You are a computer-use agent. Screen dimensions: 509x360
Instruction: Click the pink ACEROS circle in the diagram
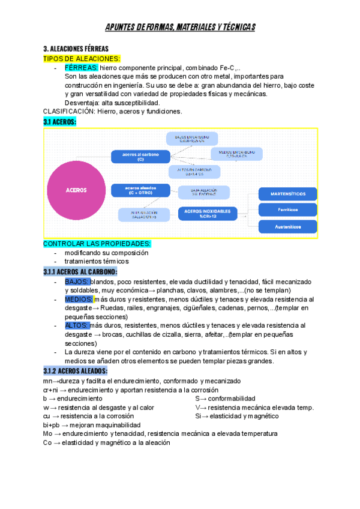point(76,189)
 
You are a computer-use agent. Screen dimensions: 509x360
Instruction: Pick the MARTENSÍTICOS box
point(287,194)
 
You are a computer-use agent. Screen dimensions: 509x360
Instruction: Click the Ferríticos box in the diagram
point(287,210)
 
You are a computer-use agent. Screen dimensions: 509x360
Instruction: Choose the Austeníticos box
point(287,226)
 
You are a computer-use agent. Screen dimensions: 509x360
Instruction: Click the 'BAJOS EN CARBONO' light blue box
point(192,139)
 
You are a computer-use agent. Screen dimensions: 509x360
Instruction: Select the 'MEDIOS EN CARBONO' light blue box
point(236,154)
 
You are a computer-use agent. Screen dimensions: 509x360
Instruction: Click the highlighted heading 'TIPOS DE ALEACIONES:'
point(82,58)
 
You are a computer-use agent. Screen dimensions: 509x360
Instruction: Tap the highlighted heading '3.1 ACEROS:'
point(59,122)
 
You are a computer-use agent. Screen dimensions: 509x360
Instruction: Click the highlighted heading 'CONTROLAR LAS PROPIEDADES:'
point(97,244)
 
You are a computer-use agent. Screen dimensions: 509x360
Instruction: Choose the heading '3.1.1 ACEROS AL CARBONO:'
point(80,272)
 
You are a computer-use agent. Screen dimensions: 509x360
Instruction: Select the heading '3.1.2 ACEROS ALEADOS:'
point(76,371)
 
